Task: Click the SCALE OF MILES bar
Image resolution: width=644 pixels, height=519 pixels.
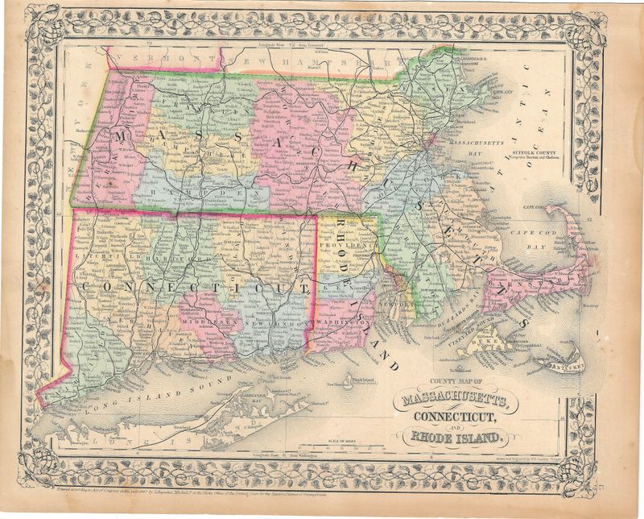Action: pyautogui.click(x=321, y=441)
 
